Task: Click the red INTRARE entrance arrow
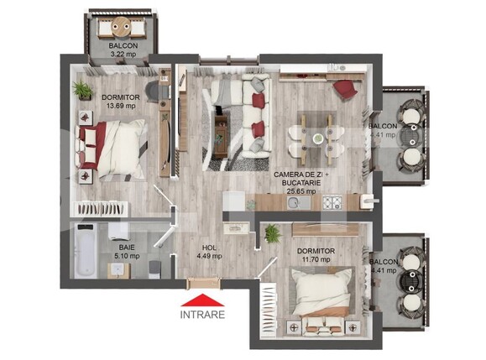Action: [203, 300]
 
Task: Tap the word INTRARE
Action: [203, 316]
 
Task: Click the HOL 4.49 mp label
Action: [210, 252]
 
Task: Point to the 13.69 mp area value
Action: [118, 107]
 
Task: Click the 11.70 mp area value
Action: [316, 260]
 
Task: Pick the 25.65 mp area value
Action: [300, 190]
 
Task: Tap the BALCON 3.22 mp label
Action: [124, 50]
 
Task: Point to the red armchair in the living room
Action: [343, 88]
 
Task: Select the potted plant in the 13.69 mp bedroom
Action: [81, 89]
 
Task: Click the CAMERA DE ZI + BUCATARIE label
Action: [300, 178]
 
